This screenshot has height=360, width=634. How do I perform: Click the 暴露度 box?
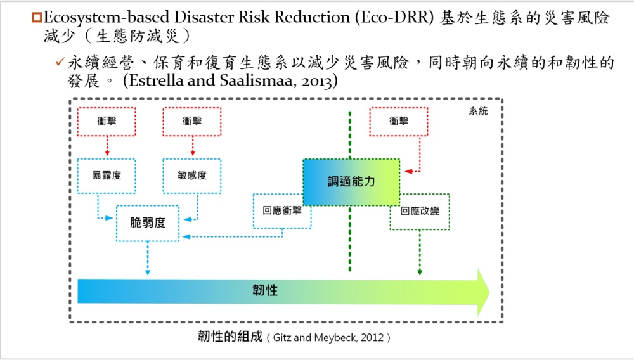click(x=107, y=176)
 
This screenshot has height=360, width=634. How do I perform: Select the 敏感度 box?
click(x=191, y=176)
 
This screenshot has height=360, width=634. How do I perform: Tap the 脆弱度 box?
click(x=148, y=223)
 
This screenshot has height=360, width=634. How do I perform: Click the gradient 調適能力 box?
click(x=351, y=182)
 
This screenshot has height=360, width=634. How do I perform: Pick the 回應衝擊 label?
click(x=282, y=210)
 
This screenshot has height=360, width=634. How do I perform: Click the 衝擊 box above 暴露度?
click(x=107, y=121)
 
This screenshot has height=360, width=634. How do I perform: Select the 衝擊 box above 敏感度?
click(x=191, y=121)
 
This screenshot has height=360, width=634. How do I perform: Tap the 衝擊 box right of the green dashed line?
click(x=399, y=121)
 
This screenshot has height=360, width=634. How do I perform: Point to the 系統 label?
click(x=478, y=111)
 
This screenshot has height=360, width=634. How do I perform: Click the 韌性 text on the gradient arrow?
click(x=265, y=290)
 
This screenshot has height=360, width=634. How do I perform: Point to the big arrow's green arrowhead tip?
click(x=489, y=292)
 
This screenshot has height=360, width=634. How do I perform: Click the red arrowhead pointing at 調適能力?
click(x=408, y=172)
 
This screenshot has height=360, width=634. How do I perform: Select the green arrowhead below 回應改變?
click(x=420, y=273)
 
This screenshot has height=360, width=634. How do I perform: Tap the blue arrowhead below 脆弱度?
click(x=148, y=273)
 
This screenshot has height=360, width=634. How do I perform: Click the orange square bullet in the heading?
click(x=37, y=17)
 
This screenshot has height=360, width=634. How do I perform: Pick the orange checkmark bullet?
click(x=60, y=62)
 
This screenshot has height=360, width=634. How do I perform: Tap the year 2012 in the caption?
click(x=372, y=337)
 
